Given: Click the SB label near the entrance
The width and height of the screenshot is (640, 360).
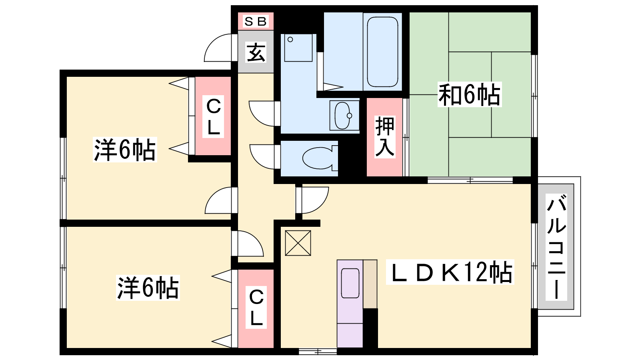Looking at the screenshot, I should click(x=256, y=21).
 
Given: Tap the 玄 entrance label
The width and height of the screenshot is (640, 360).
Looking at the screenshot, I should click(x=256, y=52).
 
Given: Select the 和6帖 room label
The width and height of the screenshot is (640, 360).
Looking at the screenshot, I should click(x=469, y=95).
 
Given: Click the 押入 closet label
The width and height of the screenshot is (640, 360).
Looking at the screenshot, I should click(x=385, y=136).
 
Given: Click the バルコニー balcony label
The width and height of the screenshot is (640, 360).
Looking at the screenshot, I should click(x=556, y=247).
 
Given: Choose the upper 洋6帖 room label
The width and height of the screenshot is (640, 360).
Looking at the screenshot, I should click(x=124, y=150).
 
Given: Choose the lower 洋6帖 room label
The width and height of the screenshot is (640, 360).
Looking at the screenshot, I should click(x=148, y=288).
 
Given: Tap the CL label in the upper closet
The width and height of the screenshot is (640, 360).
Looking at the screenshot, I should click(x=213, y=117).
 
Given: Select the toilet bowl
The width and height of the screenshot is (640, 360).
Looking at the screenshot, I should click(x=318, y=158).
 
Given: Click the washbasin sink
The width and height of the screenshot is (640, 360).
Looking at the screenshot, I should click(x=343, y=116).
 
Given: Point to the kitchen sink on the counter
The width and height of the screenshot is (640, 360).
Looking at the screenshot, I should click(x=350, y=283).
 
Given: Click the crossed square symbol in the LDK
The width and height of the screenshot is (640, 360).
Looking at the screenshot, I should click(x=298, y=243).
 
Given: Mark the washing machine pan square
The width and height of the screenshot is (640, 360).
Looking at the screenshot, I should click(x=298, y=48).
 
